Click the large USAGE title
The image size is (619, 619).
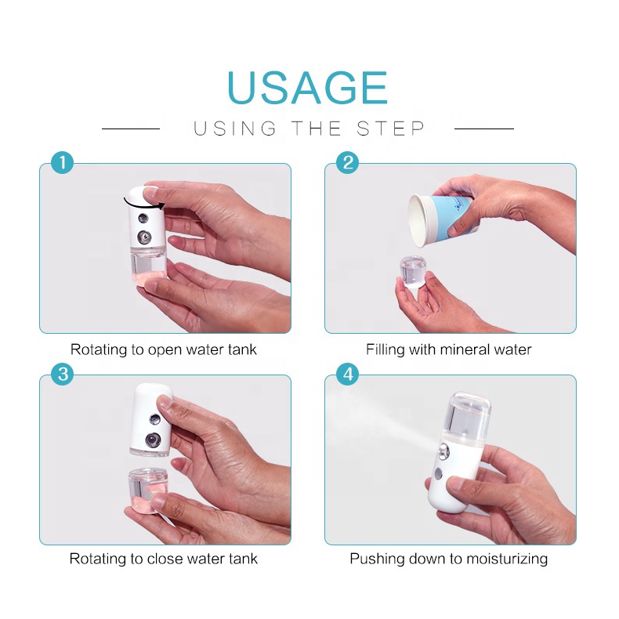tap(307, 87)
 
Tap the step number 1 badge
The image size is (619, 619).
tap(62, 163)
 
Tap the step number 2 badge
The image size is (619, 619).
tap(347, 163)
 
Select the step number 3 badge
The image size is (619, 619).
tap(62, 375)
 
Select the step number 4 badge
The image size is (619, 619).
tap(347, 375)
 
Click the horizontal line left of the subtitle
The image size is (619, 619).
tap(131, 128)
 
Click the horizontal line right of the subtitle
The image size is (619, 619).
tap(484, 128)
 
